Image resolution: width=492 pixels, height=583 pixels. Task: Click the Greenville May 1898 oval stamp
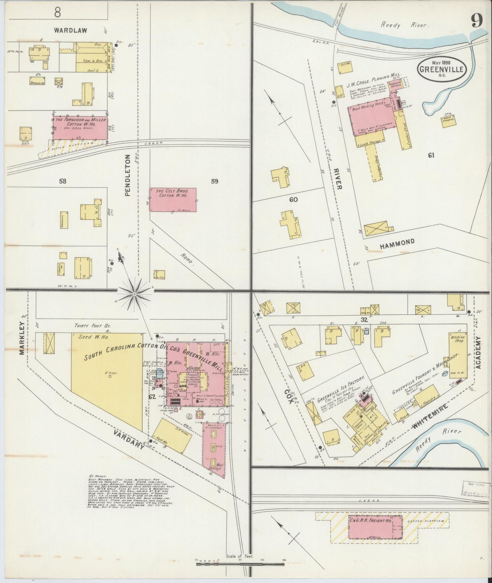(x=442, y=69)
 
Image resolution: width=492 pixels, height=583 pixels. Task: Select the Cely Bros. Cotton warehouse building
(x=173, y=200)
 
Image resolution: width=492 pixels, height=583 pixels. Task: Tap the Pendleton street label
(x=128, y=175)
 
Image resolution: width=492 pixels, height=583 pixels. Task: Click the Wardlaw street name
(x=70, y=30)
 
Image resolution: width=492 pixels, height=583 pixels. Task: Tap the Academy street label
(x=478, y=352)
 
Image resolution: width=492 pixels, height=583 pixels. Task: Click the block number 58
(x=62, y=181)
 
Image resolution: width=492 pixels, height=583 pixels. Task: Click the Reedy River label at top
(x=405, y=25)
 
